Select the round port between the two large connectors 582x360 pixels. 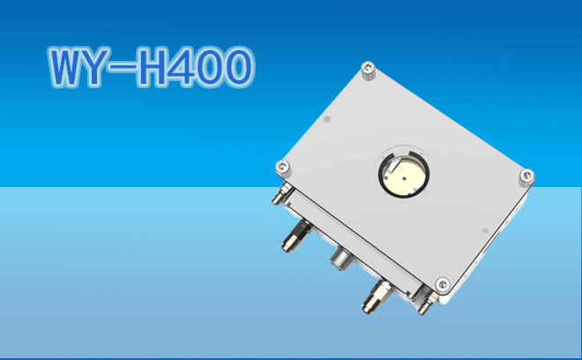click(339, 257)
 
